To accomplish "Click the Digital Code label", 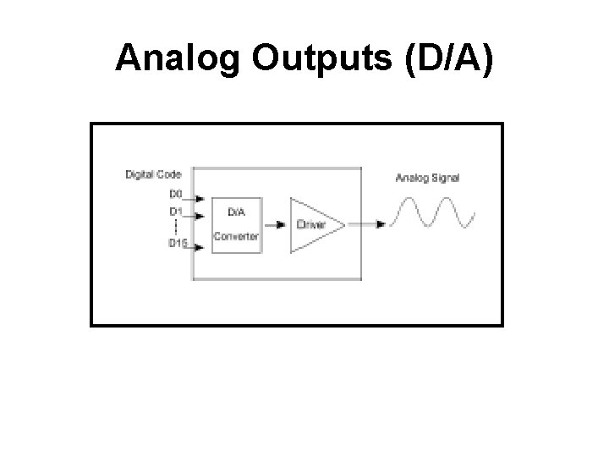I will point(153,175).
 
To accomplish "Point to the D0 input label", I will point(176,194).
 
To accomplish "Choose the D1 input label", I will point(176,211).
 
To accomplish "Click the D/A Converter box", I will point(236,224).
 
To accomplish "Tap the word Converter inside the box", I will point(236,236).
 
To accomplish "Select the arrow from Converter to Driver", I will point(275,225).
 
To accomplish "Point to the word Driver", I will point(310,225).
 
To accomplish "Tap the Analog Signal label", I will point(428,178).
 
